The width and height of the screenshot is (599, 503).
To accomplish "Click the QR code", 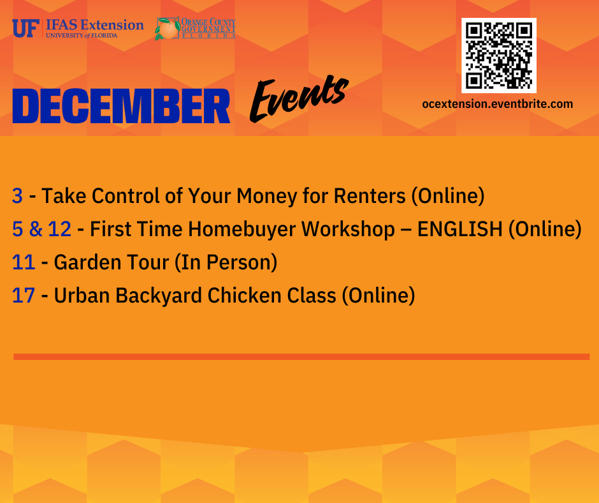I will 498,56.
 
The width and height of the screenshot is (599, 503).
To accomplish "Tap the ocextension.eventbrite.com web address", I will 498,104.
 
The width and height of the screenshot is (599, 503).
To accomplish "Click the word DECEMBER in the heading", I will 121,107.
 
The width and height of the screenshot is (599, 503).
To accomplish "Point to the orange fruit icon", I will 168,29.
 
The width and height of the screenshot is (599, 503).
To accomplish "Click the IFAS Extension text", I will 94,26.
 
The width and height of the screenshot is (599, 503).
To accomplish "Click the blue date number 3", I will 17,196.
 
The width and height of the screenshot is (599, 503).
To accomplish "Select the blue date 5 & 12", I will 41,229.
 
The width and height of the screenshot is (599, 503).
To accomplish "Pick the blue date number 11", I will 23,262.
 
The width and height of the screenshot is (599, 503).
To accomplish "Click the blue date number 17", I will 24,296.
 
